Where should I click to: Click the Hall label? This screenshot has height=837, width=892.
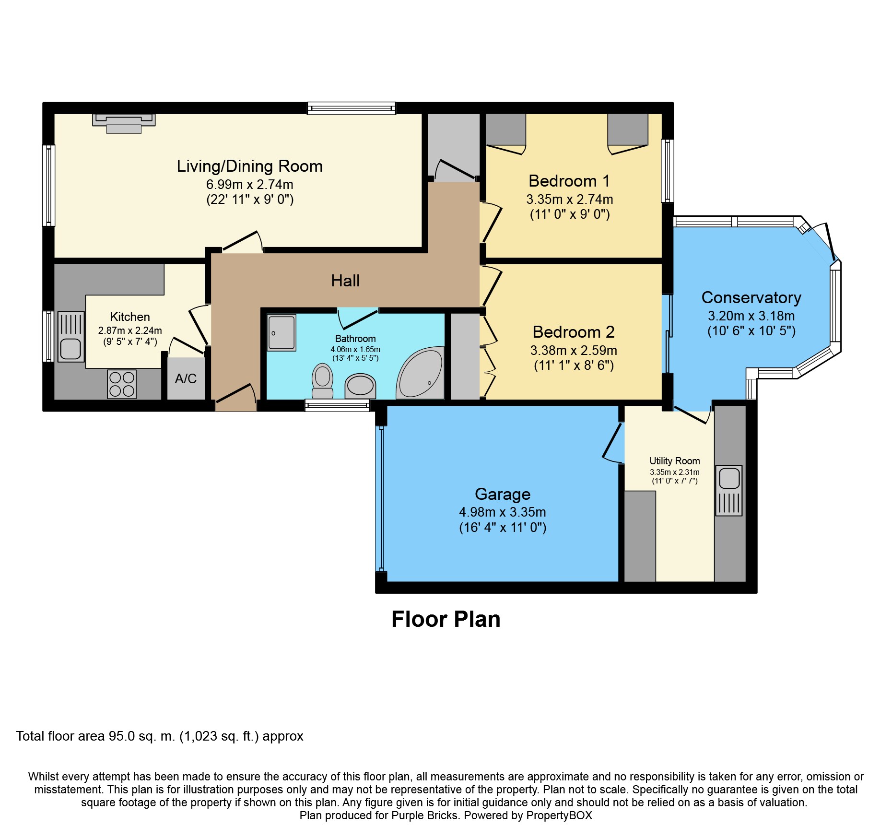345,281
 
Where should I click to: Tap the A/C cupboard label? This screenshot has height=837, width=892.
186,379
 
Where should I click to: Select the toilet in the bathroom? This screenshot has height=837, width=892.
323,381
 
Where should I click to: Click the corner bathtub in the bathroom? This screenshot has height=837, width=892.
420,372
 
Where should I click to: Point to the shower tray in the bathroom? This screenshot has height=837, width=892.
282,332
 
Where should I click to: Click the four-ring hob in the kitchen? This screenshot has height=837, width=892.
122,384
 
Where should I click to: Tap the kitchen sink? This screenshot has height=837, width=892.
71,337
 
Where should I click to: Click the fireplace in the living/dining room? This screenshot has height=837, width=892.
124,123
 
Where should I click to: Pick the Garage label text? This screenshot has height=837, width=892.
503,494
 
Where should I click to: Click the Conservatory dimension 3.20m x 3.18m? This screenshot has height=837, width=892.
751,316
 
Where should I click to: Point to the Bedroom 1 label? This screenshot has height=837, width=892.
569,181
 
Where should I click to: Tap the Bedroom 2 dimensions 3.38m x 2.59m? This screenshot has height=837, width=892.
574,350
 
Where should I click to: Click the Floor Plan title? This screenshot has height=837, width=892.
446,619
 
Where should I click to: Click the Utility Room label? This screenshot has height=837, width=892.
675,461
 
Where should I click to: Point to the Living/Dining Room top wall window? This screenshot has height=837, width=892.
352,108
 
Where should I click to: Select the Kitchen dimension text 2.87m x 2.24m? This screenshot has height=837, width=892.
130,330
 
